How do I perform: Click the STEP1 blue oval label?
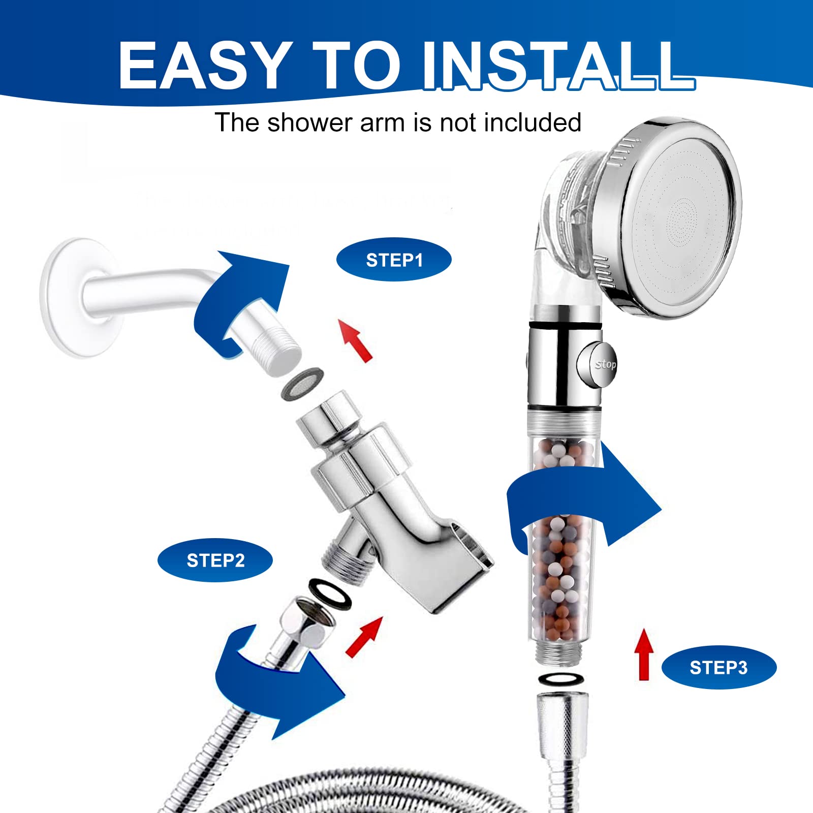(x=394, y=260)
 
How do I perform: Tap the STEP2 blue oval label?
(x=215, y=560)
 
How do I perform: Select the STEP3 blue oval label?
(x=718, y=668)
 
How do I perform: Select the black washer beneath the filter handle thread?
(x=560, y=678)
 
